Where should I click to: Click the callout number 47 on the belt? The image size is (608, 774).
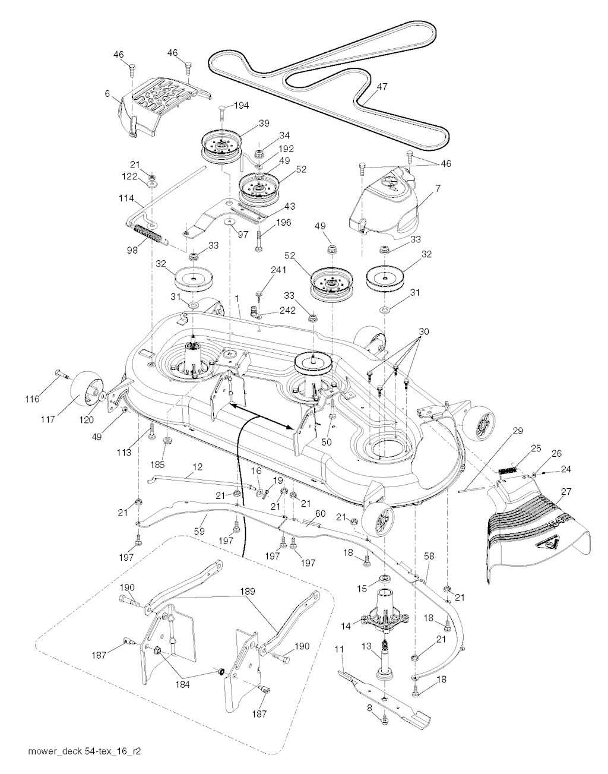point(382,87)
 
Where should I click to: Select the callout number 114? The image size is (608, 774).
point(126,197)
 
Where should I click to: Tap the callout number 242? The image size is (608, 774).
point(287,310)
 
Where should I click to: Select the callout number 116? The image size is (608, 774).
point(32,399)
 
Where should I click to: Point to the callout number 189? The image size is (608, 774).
point(248,592)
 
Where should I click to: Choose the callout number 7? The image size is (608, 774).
point(438,188)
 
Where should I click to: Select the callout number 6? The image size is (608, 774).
point(107,93)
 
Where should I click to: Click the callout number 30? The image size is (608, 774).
point(423,331)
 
